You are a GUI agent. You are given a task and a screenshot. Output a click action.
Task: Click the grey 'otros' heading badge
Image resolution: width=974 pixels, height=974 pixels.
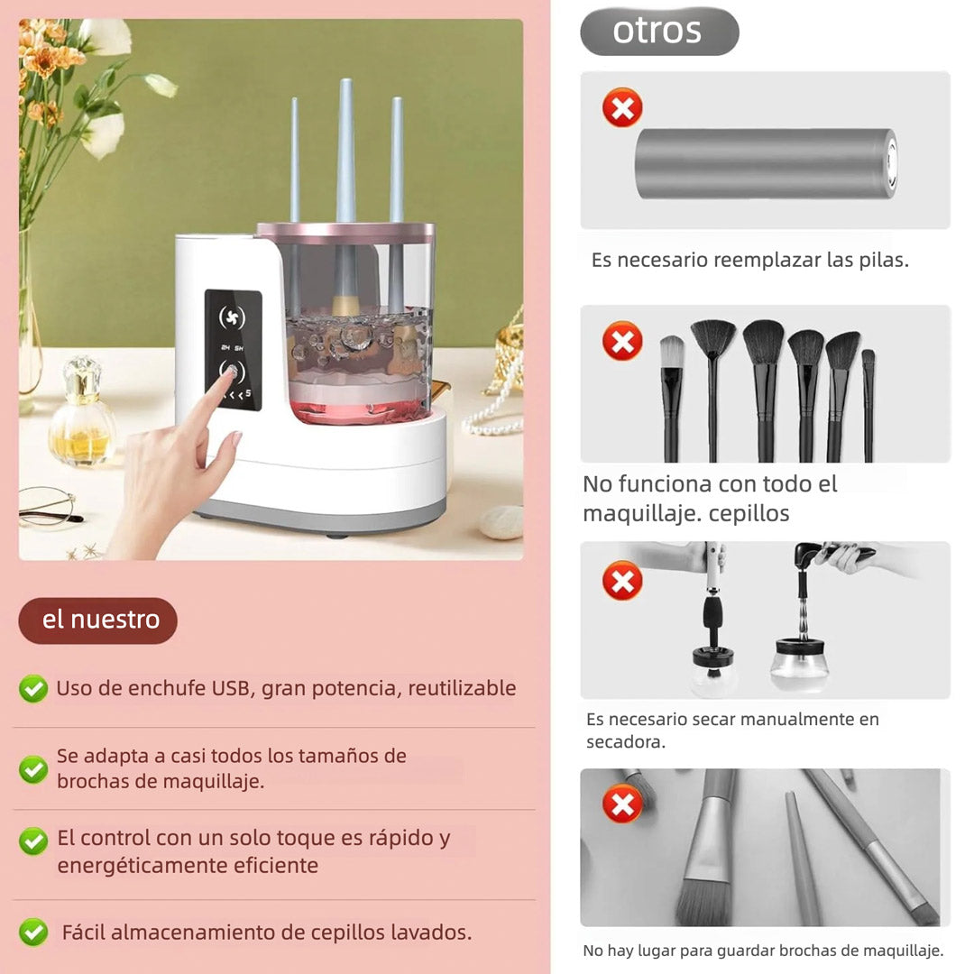coord(659,31)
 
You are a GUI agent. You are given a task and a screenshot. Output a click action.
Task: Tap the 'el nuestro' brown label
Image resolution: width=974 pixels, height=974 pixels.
coord(98,620)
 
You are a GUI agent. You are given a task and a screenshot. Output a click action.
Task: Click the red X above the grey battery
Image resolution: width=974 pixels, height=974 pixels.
coord(621,107)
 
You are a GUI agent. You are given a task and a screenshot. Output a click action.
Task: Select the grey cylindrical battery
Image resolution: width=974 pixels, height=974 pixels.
coord(766,164)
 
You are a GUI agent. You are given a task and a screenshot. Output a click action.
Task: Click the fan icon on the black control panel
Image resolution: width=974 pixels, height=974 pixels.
coord(232,317)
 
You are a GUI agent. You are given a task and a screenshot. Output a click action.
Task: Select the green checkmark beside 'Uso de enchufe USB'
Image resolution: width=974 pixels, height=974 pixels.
coord(33,688)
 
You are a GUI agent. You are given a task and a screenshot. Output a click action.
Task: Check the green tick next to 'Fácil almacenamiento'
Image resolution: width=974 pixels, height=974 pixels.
coord(33,932)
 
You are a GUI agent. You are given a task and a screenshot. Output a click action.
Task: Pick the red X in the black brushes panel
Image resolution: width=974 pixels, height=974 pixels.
coord(621,340)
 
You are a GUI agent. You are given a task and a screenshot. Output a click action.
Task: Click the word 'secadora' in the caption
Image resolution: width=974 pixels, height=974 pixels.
coord(625,741)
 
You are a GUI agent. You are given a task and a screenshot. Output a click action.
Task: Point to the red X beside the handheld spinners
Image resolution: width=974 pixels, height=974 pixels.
coord(621,581)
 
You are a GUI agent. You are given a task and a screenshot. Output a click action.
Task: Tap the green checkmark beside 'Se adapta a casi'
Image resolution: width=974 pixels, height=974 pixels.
coord(33,769)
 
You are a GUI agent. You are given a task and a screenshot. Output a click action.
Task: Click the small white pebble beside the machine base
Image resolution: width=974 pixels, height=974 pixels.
coord(501,522)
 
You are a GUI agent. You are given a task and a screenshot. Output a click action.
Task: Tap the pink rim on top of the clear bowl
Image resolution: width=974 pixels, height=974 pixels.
coord(345,233)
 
